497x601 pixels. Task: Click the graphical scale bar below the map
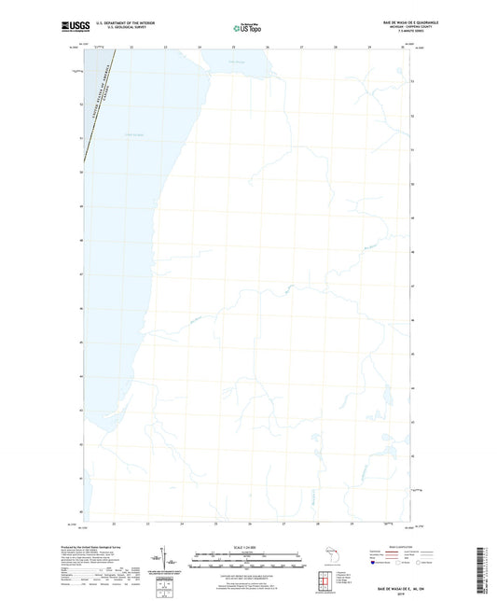[247, 563]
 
